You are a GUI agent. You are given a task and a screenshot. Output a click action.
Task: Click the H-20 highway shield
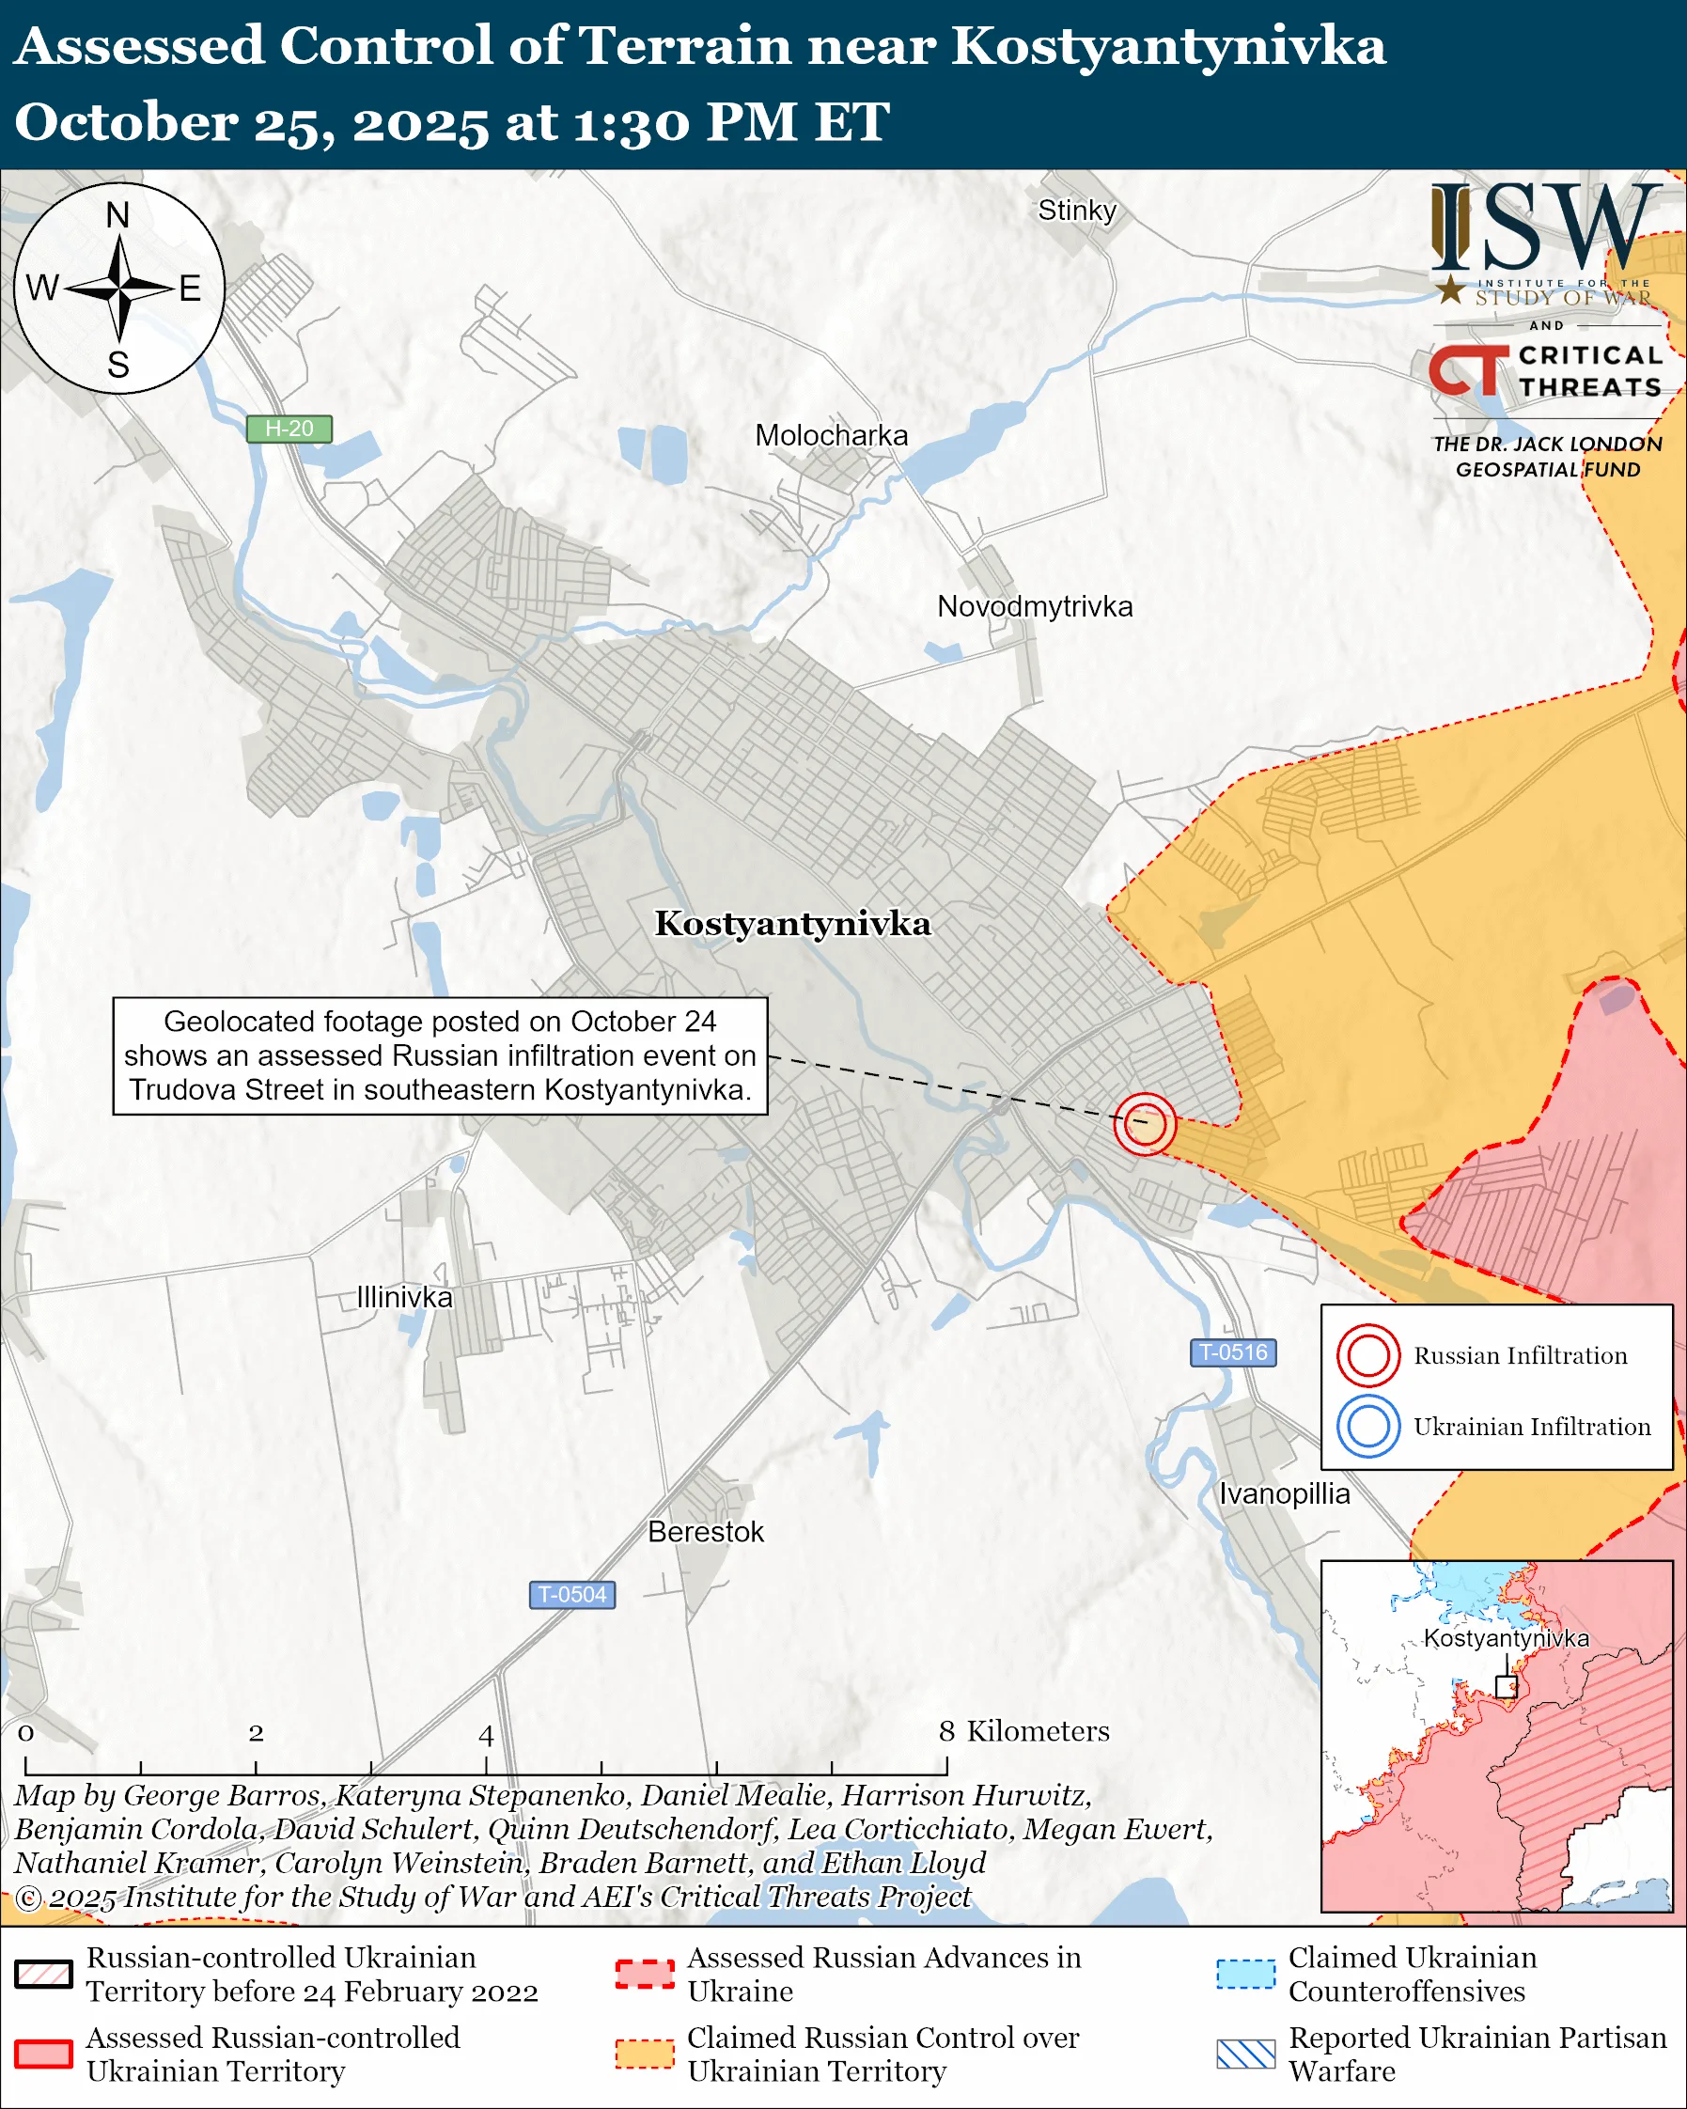pyautogui.click(x=289, y=429)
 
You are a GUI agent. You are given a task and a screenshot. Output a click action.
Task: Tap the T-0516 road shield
pyautogui.click(x=1233, y=1351)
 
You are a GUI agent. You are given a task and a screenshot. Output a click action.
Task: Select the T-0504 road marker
pyautogui.click(x=572, y=1595)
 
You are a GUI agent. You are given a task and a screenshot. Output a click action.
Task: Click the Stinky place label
pyautogui.click(x=1077, y=211)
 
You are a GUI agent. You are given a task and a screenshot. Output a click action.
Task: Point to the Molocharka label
pyautogui.click(x=831, y=435)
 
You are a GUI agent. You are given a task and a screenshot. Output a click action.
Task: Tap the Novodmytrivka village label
pyautogui.click(x=1035, y=606)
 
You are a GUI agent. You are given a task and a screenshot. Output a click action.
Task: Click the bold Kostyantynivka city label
pyautogui.click(x=792, y=924)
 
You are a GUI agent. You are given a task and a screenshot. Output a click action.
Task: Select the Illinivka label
pyautogui.click(x=404, y=1297)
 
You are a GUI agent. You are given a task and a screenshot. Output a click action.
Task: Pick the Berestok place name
pyautogui.click(x=705, y=1532)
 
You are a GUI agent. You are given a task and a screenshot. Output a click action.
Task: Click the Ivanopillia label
pyautogui.click(x=1284, y=1493)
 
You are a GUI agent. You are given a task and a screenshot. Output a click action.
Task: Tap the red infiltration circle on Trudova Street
pyautogui.click(x=1144, y=1124)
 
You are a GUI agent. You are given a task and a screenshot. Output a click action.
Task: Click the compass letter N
pyautogui.click(x=118, y=214)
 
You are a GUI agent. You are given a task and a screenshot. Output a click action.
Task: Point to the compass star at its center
pyautogui.click(x=119, y=289)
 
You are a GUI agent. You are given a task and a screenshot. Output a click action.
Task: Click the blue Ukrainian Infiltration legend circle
pyautogui.click(x=1368, y=1427)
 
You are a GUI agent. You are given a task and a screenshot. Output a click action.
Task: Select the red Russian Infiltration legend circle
pyautogui.click(x=1368, y=1355)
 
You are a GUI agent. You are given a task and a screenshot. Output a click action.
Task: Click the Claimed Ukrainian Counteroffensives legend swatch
pyautogui.click(x=1246, y=1974)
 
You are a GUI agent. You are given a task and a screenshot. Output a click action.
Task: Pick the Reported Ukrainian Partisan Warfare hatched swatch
pyautogui.click(x=1246, y=2054)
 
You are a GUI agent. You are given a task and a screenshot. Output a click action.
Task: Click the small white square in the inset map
pyautogui.click(x=1506, y=1686)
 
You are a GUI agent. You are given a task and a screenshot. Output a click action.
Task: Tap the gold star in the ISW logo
pyautogui.click(x=1451, y=289)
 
